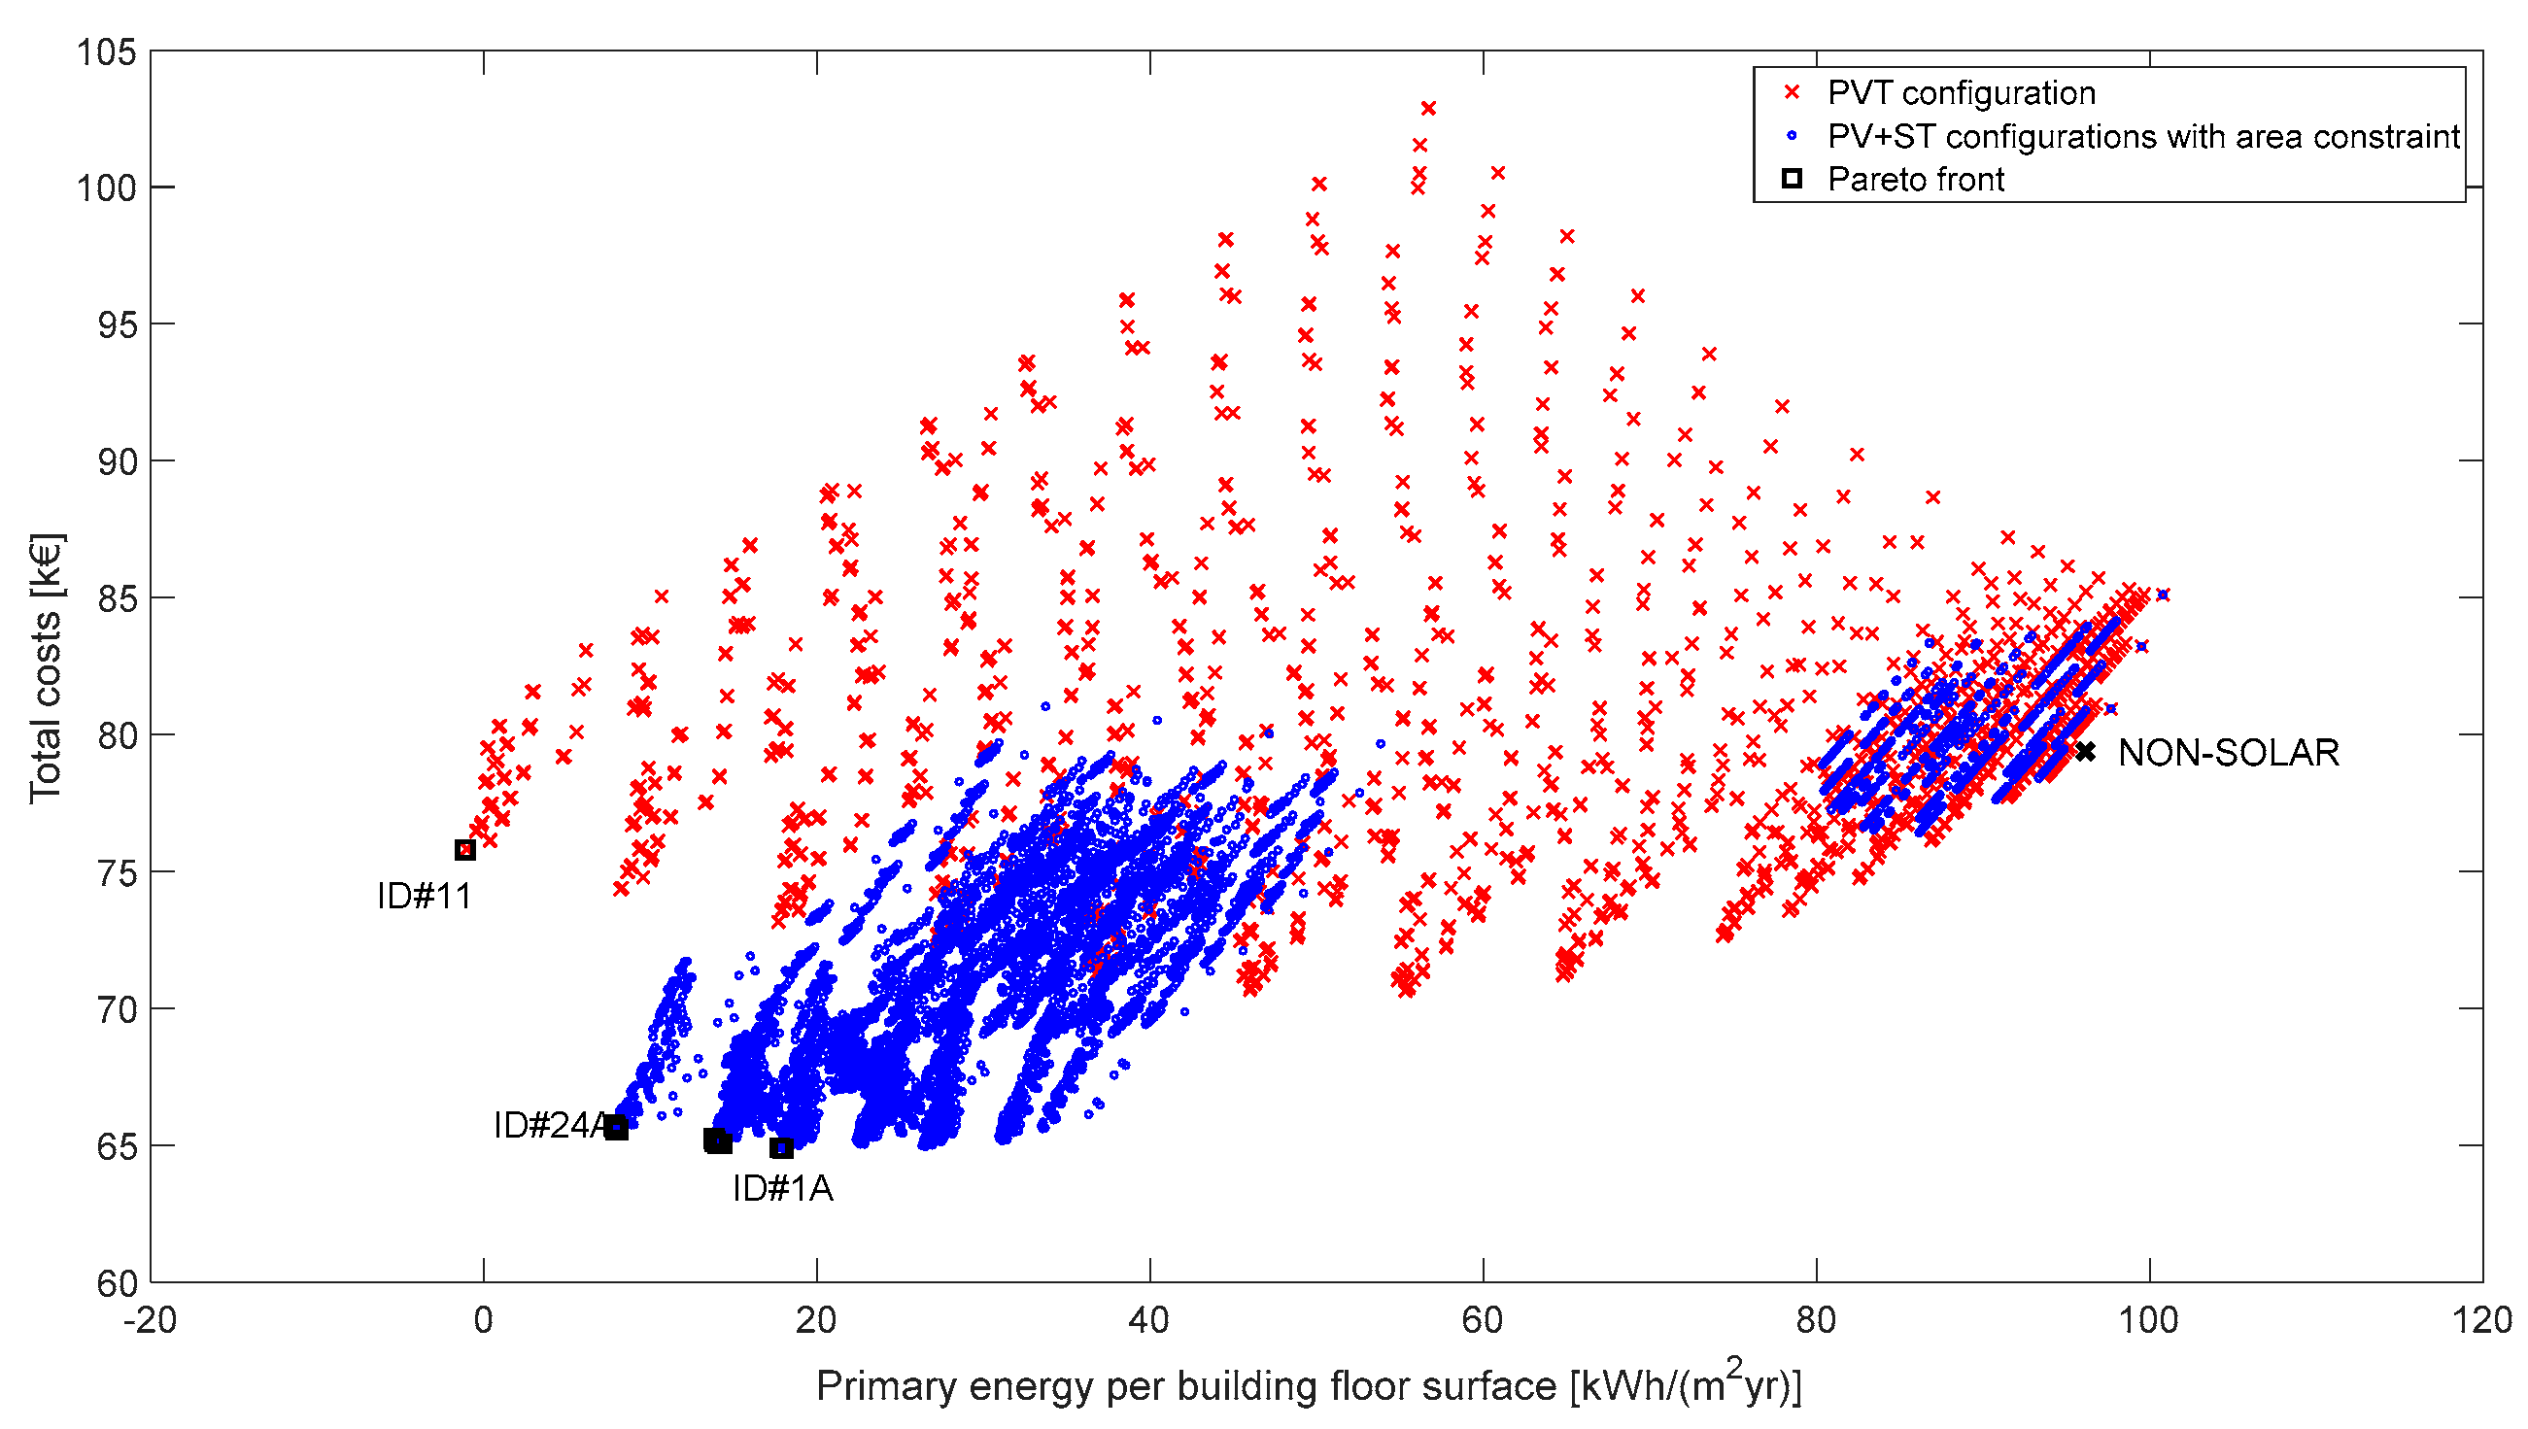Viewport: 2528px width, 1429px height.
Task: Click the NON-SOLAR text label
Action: coord(2228,753)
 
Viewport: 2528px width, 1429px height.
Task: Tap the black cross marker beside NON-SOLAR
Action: coord(2085,752)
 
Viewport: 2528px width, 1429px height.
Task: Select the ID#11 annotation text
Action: coord(424,896)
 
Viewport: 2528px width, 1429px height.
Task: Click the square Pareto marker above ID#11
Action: coord(465,850)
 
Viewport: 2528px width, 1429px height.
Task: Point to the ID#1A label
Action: coord(782,1188)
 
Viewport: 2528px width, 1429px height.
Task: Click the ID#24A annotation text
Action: coord(550,1125)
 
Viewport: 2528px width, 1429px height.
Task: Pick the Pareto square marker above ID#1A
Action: coord(781,1148)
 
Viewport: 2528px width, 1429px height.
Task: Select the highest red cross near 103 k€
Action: coord(1428,108)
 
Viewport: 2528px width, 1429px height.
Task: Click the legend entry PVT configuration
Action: coord(1961,93)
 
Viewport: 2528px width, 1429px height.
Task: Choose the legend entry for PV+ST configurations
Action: coord(2142,136)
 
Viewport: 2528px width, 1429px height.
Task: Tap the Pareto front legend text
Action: coord(1915,180)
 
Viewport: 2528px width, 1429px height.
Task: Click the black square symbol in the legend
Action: coord(1792,179)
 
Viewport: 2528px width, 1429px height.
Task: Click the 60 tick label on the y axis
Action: coord(116,1283)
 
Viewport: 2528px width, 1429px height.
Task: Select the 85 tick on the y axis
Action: coord(116,597)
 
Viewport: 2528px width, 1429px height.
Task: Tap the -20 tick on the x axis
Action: coord(150,1320)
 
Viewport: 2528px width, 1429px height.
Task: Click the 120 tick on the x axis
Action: coord(2481,1320)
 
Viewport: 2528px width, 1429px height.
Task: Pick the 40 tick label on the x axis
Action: coord(1148,1320)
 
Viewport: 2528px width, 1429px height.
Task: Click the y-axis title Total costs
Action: coord(45,667)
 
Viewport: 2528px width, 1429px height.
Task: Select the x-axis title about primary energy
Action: coord(1308,1385)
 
